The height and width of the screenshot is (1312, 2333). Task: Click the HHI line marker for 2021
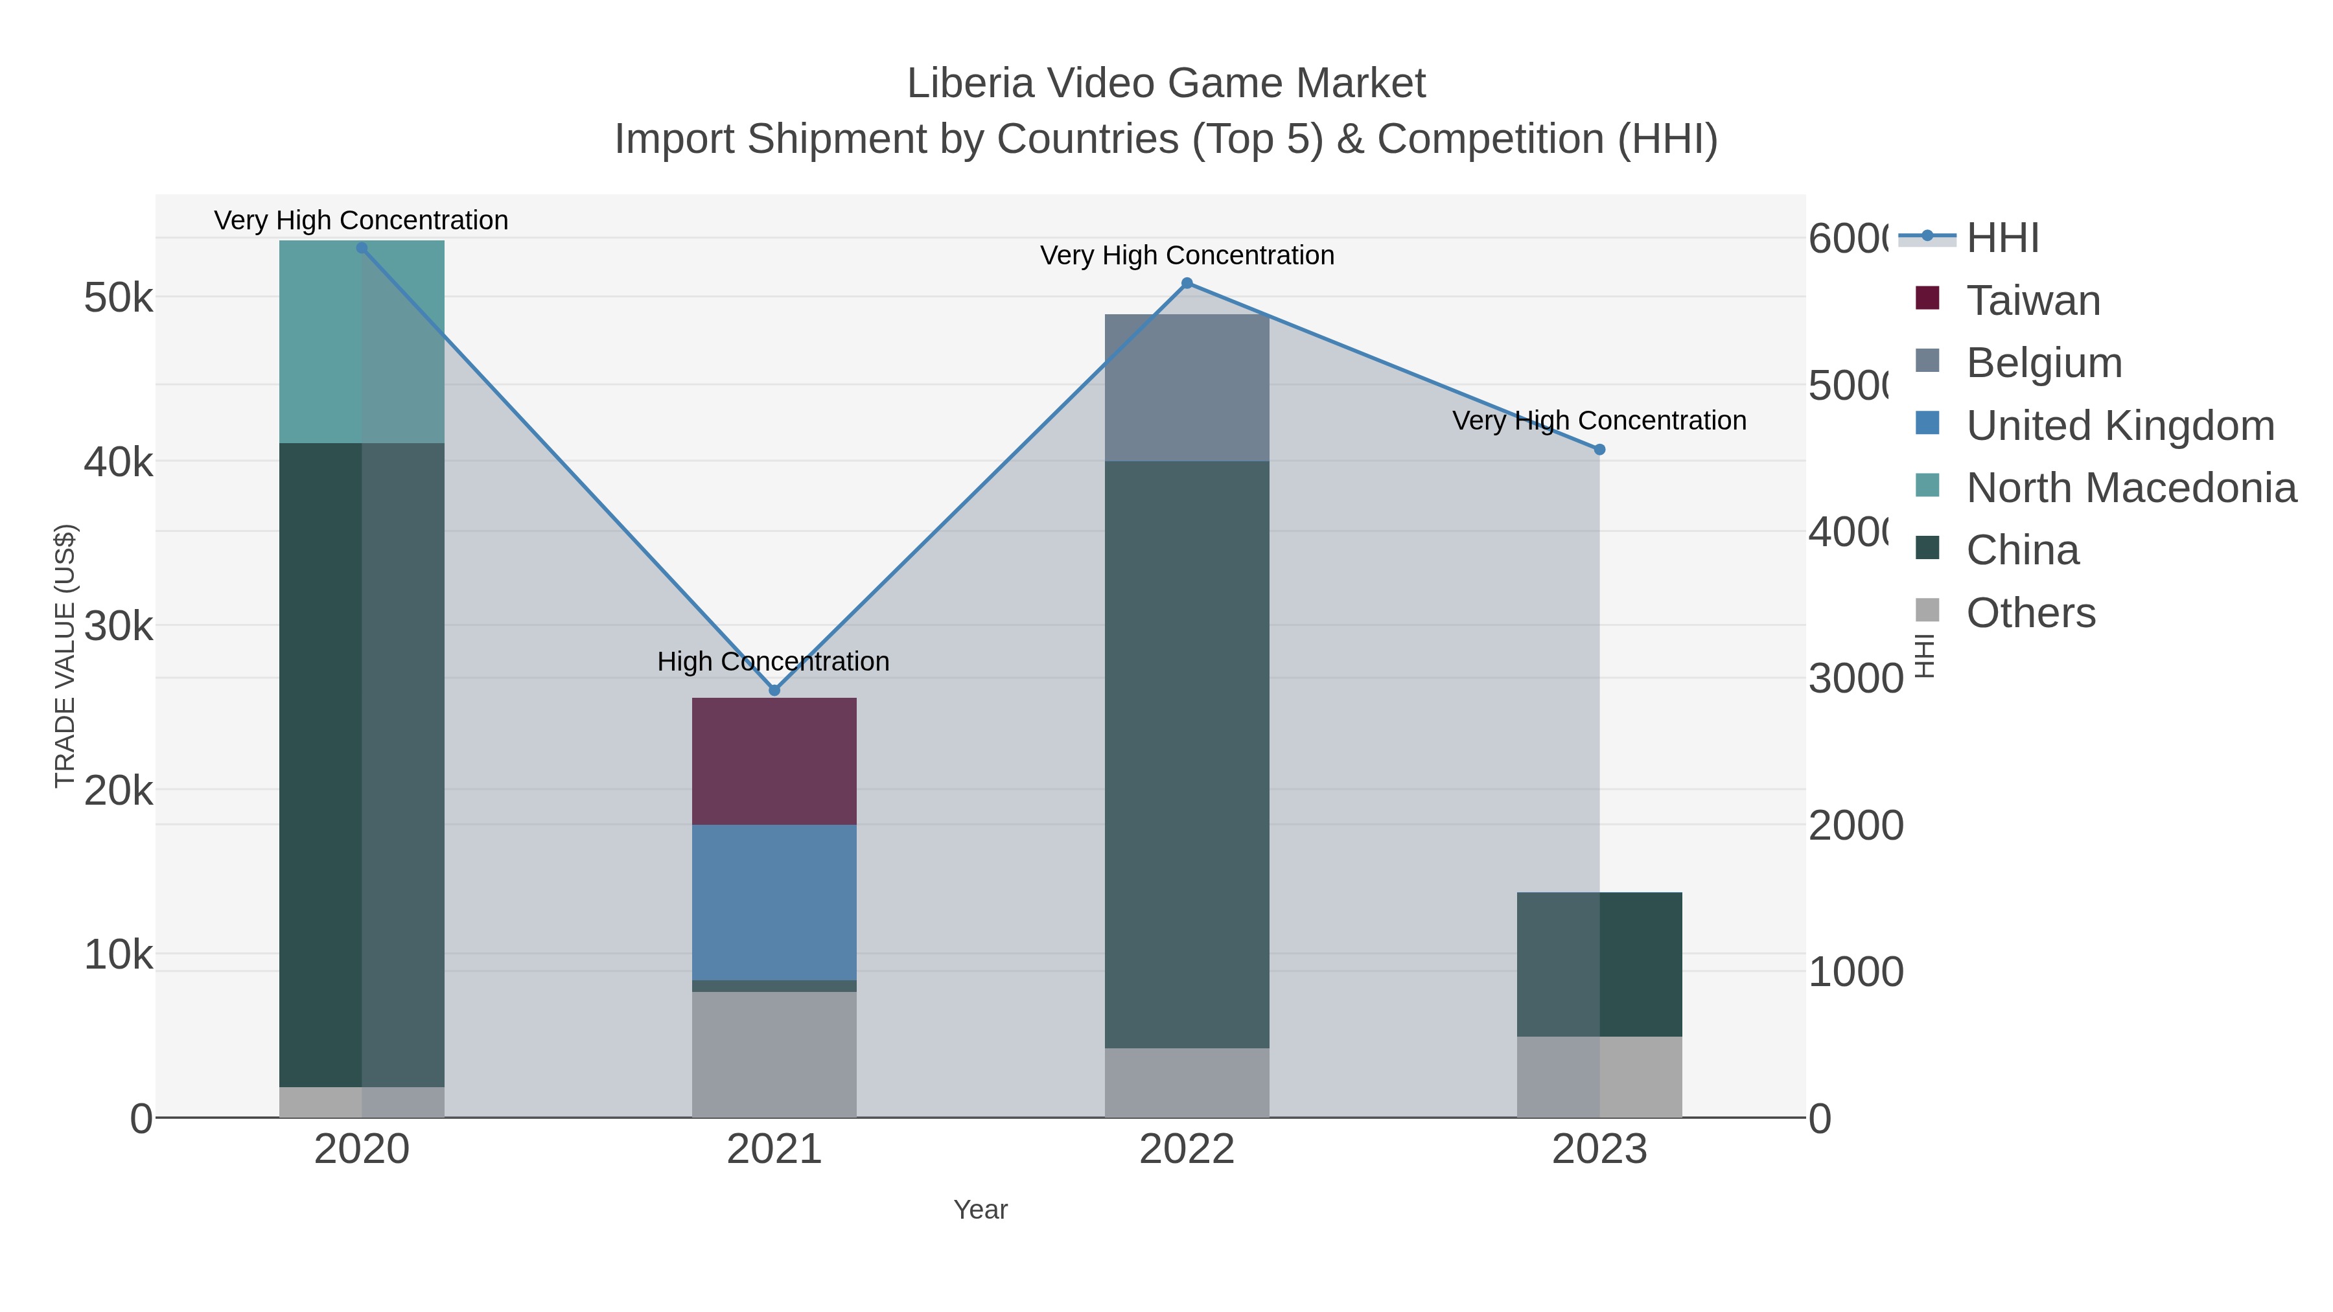774,691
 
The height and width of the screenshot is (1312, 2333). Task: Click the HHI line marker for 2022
1187,283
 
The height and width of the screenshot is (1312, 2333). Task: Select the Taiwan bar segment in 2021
774,761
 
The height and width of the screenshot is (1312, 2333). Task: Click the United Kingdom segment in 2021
774,902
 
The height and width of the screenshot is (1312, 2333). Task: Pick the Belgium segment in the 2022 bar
1187,387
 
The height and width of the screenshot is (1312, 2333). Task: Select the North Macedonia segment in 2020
362,342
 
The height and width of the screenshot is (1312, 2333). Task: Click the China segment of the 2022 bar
1187,754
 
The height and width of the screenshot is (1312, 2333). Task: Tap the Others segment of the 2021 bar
774,1054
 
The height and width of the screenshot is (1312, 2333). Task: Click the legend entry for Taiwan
2032,301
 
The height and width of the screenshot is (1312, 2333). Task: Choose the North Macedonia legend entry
2130,488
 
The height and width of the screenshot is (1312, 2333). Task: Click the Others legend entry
2030,613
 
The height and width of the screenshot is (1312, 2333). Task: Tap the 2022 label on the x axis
1187,1150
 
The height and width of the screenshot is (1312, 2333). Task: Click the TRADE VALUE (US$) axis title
65,656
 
